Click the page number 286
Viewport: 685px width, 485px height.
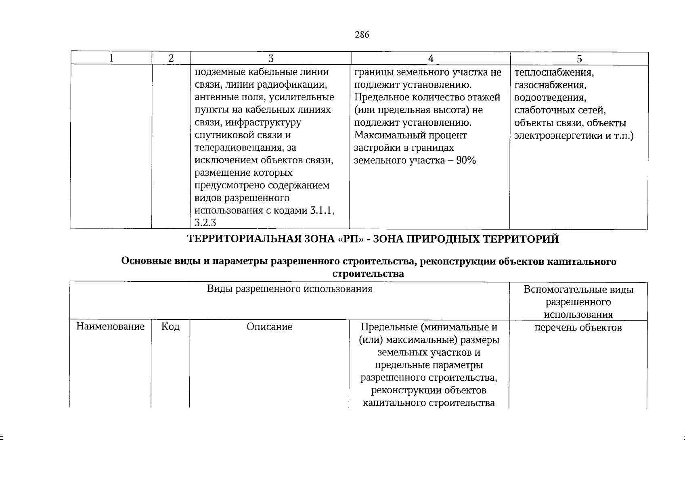point(362,35)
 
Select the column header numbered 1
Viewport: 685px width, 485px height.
point(111,59)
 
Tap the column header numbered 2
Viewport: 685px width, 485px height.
point(171,59)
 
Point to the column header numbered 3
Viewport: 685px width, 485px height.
point(271,59)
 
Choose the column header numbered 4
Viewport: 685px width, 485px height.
point(431,59)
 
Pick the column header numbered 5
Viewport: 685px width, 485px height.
point(579,59)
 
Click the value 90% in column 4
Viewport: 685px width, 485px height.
point(466,160)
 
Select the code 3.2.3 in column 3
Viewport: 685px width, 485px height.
point(205,223)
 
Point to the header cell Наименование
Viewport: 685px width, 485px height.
point(111,327)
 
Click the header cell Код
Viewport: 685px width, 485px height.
point(170,327)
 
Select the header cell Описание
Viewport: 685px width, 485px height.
point(270,327)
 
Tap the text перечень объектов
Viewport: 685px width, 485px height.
point(578,327)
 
